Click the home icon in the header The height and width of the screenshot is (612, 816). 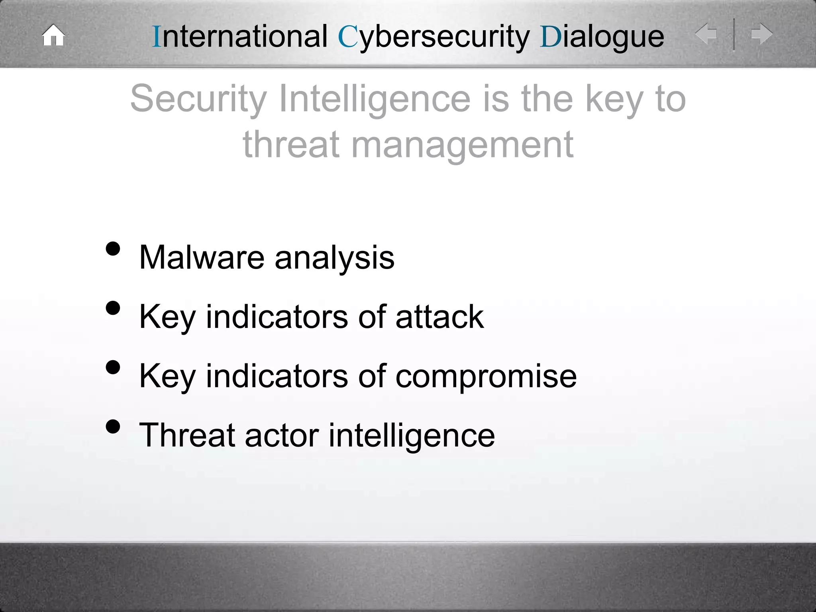(x=53, y=35)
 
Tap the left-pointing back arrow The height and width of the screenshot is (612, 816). (x=706, y=34)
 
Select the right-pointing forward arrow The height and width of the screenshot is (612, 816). (x=761, y=34)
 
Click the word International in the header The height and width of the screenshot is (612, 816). (x=240, y=37)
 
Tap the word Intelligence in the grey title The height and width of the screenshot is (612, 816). (x=375, y=100)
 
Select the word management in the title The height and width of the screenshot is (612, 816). (x=462, y=145)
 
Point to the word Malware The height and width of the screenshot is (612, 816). (x=202, y=257)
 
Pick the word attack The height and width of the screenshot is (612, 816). (x=439, y=317)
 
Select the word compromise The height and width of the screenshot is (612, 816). (x=486, y=377)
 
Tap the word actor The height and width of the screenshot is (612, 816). (x=282, y=435)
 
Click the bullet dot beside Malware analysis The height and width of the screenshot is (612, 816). (x=113, y=249)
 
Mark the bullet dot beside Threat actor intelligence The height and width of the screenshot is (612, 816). (x=113, y=426)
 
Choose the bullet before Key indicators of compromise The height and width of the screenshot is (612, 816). (x=113, y=367)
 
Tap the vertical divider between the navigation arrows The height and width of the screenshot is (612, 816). (x=734, y=34)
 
